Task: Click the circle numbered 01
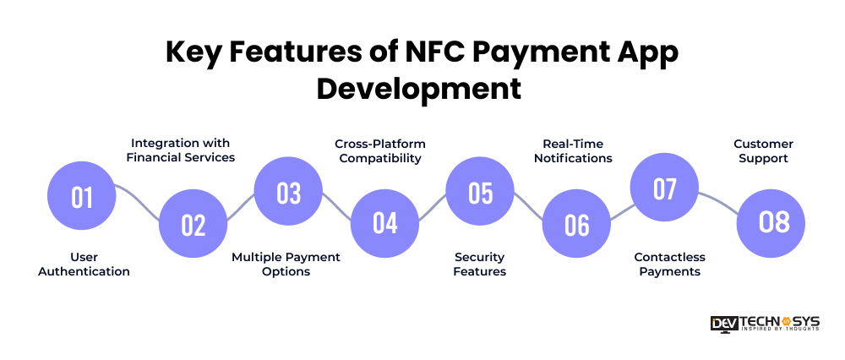(x=82, y=196)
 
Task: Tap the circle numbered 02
(x=193, y=224)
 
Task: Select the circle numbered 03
(x=288, y=191)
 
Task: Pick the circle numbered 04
(x=384, y=222)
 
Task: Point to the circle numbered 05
(x=480, y=191)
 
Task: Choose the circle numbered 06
(x=576, y=224)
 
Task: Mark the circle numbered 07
(x=664, y=187)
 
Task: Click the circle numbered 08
(x=771, y=223)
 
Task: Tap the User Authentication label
(x=84, y=264)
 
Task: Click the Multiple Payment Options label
(x=286, y=264)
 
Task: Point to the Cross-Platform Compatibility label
(x=380, y=151)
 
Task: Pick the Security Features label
(x=480, y=264)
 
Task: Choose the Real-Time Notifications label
(x=573, y=151)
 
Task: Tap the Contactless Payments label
(x=670, y=264)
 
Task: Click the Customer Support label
(x=764, y=151)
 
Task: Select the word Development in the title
(x=419, y=90)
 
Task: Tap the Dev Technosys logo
(x=765, y=324)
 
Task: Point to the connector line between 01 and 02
(x=138, y=202)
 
